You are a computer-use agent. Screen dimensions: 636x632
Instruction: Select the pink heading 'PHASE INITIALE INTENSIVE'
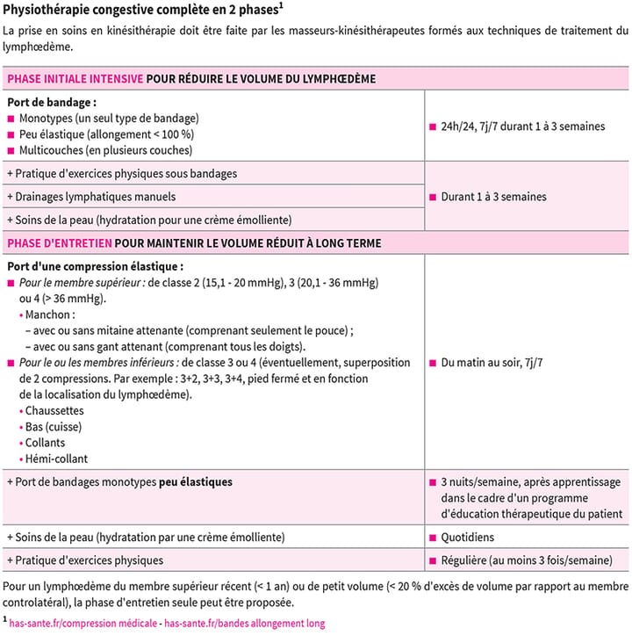[x=75, y=79]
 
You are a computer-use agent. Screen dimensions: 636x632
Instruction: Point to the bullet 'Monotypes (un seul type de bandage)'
[x=109, y=118]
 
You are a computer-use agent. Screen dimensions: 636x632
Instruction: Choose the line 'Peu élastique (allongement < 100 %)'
[x=106, y=134]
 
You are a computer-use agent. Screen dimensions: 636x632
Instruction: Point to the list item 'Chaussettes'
[x=54, y=410]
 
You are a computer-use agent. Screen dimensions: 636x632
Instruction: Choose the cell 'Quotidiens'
[x=467, y=537]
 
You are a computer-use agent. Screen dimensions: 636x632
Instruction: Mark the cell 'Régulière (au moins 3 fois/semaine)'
[x=527, y=560]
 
